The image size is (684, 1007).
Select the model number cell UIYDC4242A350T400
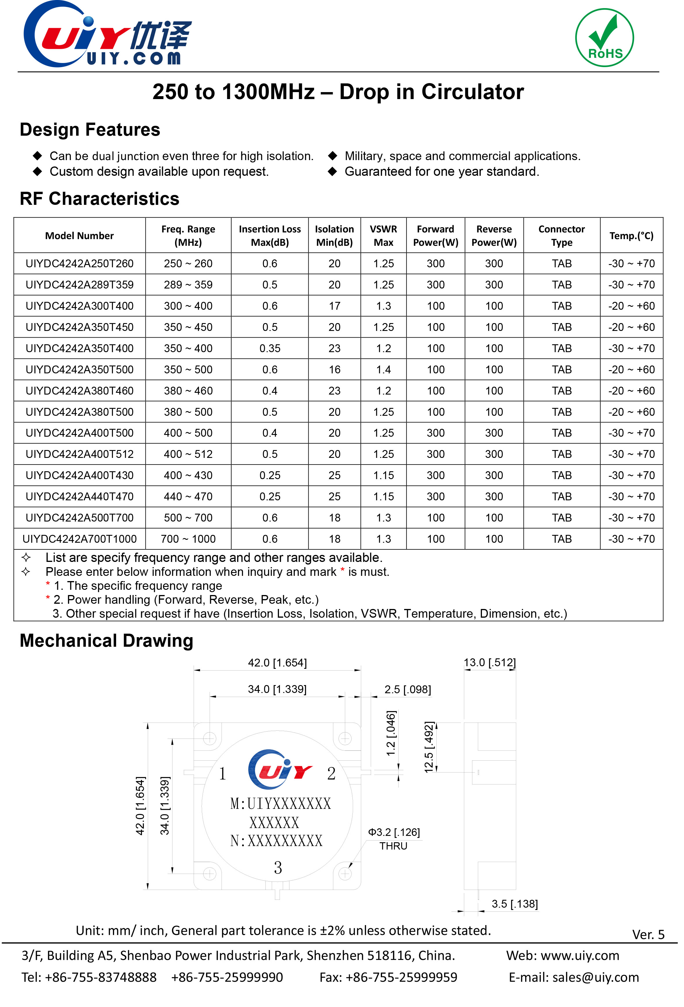[79, 348]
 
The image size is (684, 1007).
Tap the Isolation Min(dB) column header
[334, 235]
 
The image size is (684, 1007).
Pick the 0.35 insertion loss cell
[270, 348]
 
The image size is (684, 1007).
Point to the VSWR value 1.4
[383, 370]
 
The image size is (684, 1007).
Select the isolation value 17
[334, 306]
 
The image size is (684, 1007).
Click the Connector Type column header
[561, 235]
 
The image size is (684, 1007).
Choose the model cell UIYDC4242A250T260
[79, 264]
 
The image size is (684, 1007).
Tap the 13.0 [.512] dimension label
[489, 662]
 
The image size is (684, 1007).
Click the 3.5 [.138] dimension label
[514, 904]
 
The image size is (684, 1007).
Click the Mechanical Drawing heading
[107, 640]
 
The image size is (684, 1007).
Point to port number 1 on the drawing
[222, 773]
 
